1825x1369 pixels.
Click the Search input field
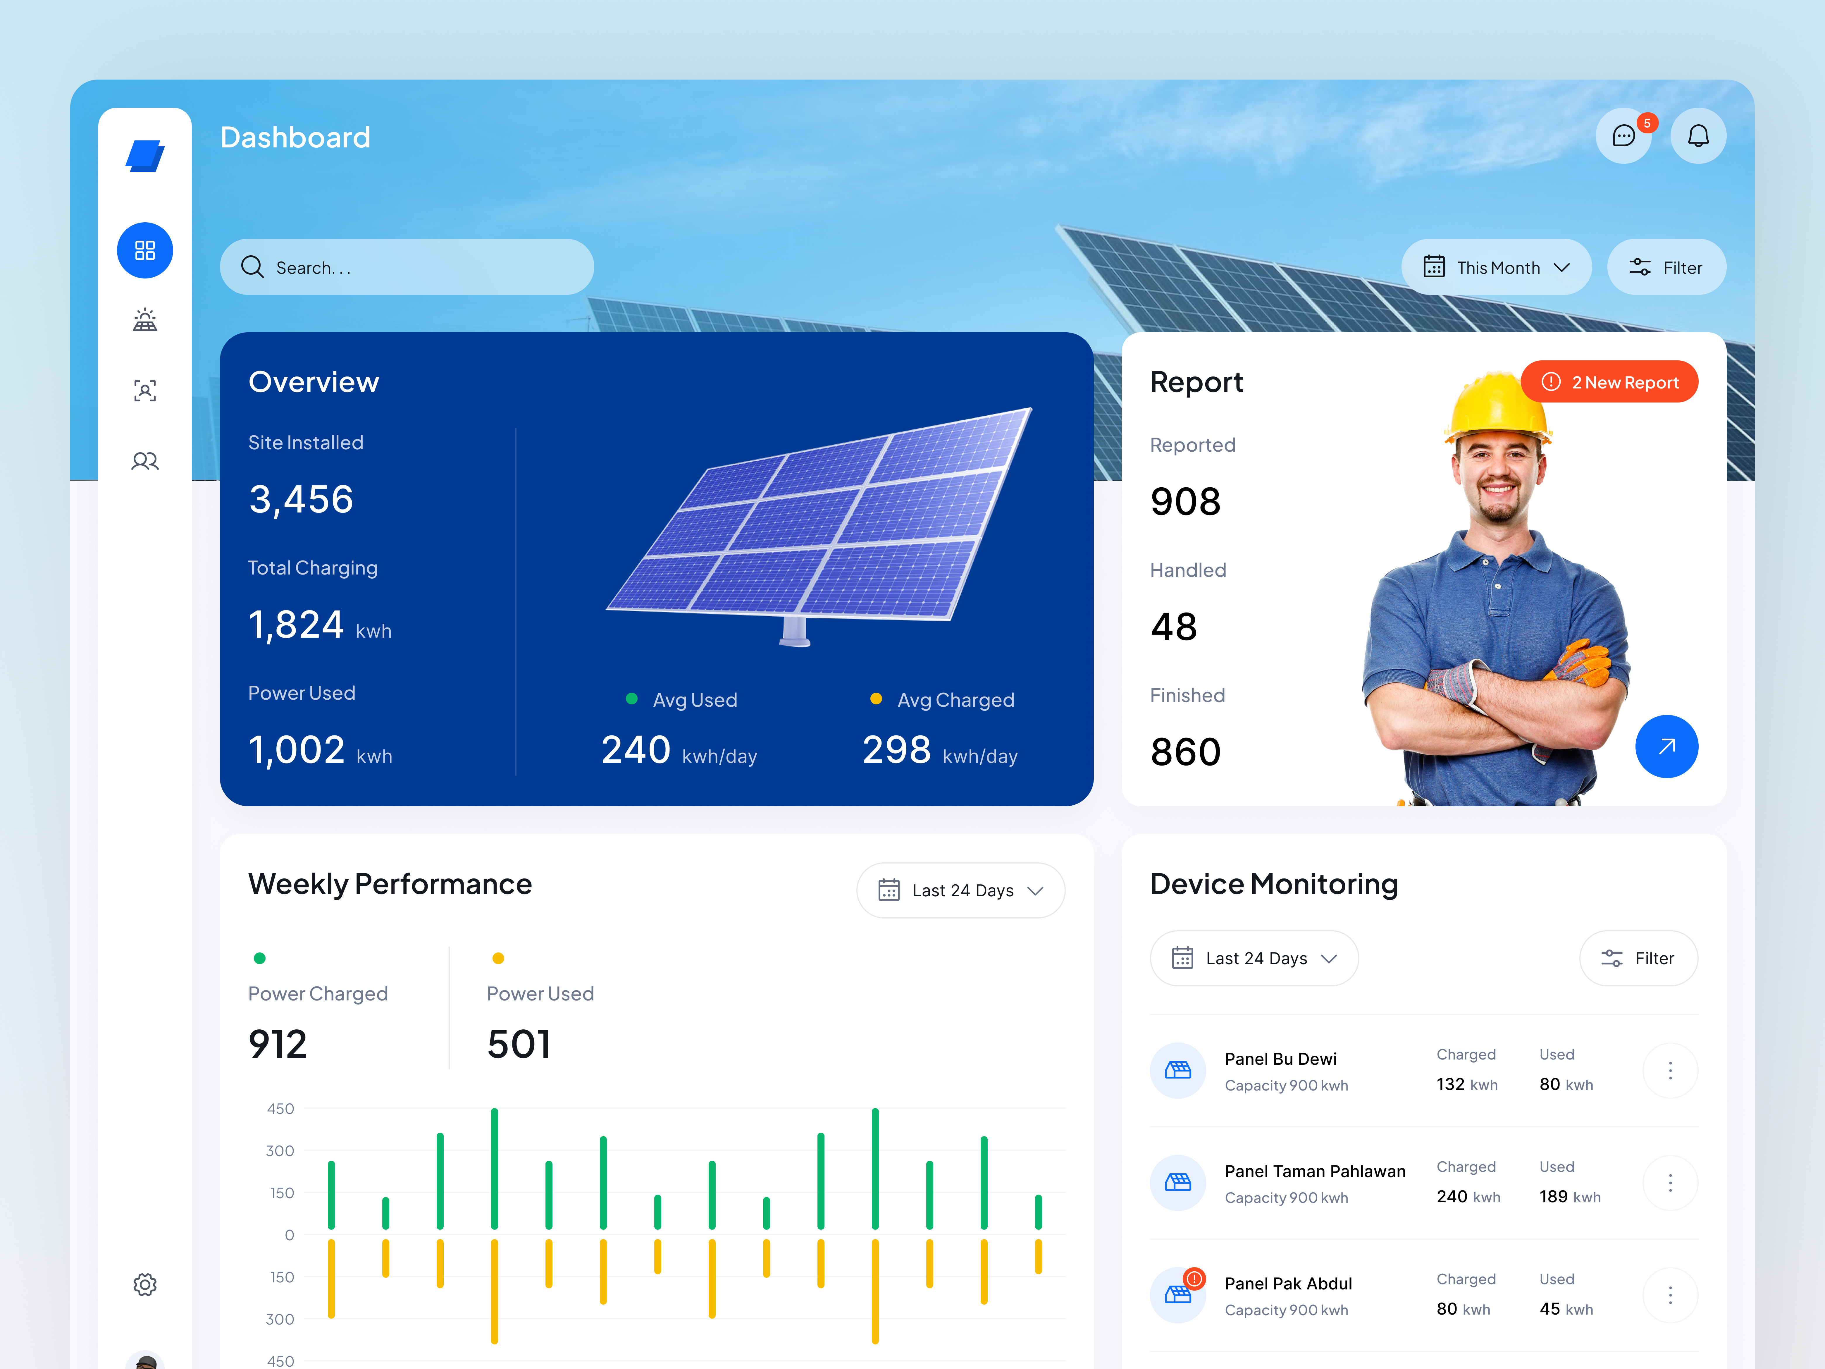(407, 267)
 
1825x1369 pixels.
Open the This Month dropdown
(1496, 267)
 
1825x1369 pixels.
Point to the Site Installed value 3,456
(301, 499)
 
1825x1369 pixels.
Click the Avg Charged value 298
(896, 750)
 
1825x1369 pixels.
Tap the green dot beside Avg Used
(632, 699)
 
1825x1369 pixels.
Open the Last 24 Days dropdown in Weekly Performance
(960, 890)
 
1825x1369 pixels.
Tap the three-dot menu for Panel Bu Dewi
(1670, 1070)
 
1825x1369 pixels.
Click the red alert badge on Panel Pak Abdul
(1194, 1278)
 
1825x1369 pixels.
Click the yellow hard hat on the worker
(1495, 404)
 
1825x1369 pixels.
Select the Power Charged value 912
(278, 1044)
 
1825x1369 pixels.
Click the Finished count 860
(1186, 752)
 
